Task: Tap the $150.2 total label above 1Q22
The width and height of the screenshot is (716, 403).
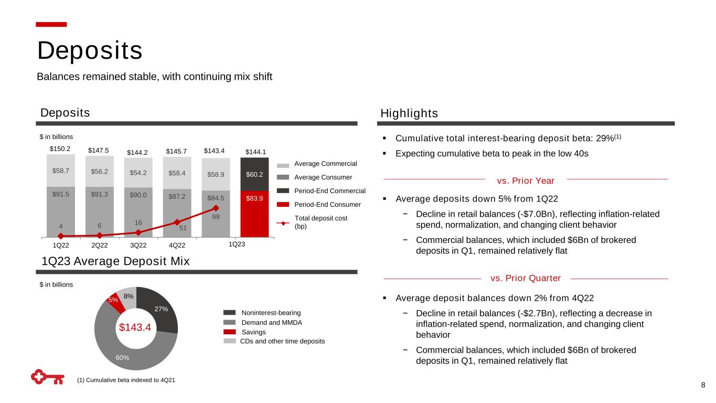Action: click(x=61, y=149)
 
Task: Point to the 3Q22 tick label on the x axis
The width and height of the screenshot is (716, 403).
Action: click(x=138, y=245)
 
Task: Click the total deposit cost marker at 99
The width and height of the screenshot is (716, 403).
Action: click(x=216, y=208)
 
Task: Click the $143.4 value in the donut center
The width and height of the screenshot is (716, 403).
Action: click(x=135, y=327)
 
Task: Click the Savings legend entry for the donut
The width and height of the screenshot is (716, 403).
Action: click(x=253, y=332)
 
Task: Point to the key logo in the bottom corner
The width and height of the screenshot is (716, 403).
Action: click(x=47, y=377)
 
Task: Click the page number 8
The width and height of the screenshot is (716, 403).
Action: click(x=703, y=386)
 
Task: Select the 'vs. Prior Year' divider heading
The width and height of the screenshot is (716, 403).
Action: click(x=525, y=181)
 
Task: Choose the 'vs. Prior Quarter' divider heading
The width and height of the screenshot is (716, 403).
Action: click(x=526, y=278)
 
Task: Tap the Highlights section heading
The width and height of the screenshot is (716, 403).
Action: click(x=409, y=113)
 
